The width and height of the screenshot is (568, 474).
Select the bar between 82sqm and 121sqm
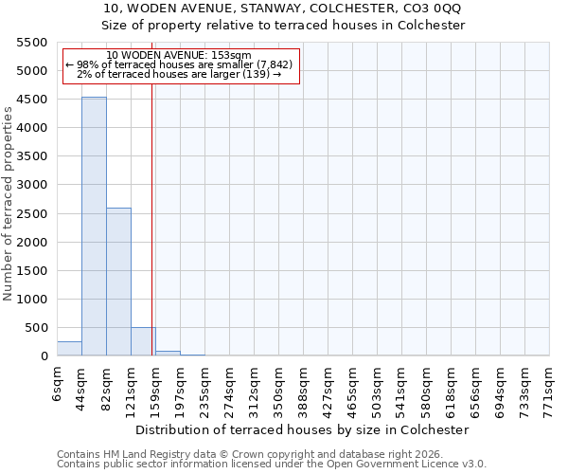118,282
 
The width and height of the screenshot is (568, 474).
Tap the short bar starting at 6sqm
69,348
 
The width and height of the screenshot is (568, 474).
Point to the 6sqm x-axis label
57,384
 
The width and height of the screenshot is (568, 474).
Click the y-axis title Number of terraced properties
9,204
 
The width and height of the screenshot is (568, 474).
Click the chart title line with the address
283,9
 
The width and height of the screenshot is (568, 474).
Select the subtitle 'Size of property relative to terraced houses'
283,25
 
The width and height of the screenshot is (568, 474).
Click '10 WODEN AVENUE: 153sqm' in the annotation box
179,56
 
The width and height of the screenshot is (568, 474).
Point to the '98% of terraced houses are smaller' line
179,64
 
